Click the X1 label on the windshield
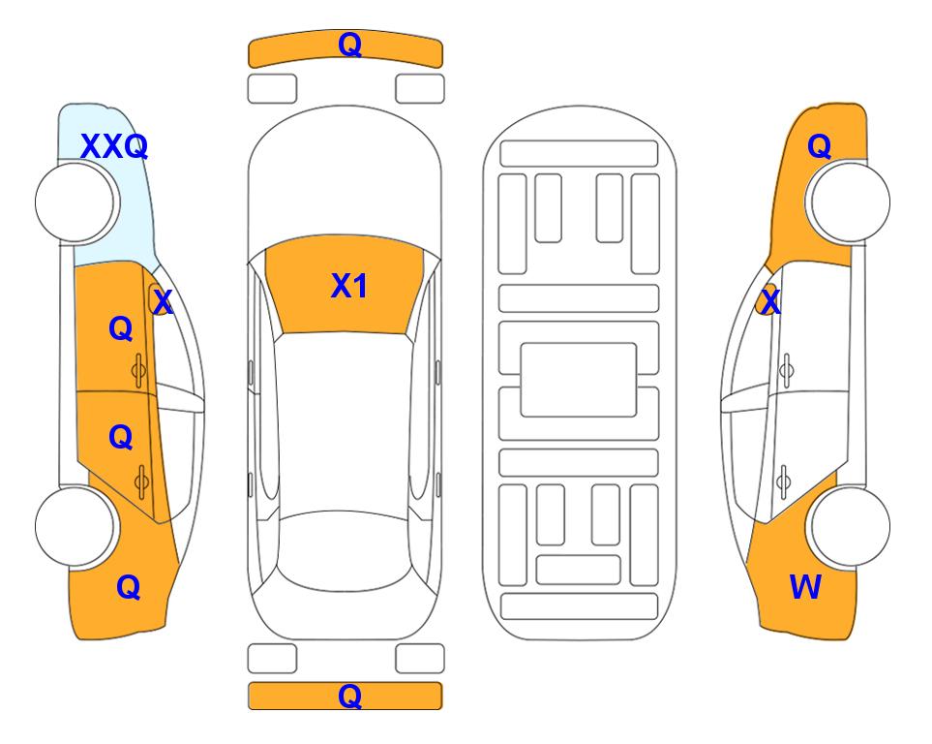(x=349, y=286)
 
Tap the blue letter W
(x=805, y=587)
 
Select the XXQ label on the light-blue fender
(x=114, y=146)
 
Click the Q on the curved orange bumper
(x=349, y=44)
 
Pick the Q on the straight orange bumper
(x=349, y=696)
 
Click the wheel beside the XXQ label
(x=75, y=202)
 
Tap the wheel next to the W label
(x=850, y=526)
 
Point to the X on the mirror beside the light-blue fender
(x=162, y=301)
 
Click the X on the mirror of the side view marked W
(x=770, y=301)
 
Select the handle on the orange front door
(x=138, y=370)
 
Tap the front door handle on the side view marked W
(x=787, y=370)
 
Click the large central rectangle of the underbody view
(x=579, y=380)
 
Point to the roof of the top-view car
(x=345, y=422)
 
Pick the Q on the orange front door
(x=121, y=328)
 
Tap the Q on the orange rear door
(x=121, y=438)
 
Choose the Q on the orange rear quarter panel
(x=129, y=587)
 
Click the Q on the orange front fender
(x=819, y=146)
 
